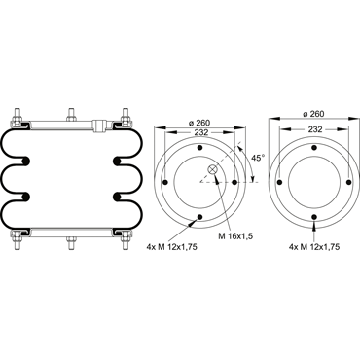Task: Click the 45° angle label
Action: coord(259,158)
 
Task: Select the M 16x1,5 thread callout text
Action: coord(235,236)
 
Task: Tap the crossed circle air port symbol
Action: coord(212,169)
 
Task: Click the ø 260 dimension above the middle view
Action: coord(199,123)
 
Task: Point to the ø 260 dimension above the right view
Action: coord(313,114)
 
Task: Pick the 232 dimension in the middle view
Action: coord(199,132)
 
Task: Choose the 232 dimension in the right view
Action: coord(315,129)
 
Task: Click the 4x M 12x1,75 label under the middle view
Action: coord(172,247)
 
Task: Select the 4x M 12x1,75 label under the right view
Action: coord(314,247)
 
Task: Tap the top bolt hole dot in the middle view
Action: coord(199,148)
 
